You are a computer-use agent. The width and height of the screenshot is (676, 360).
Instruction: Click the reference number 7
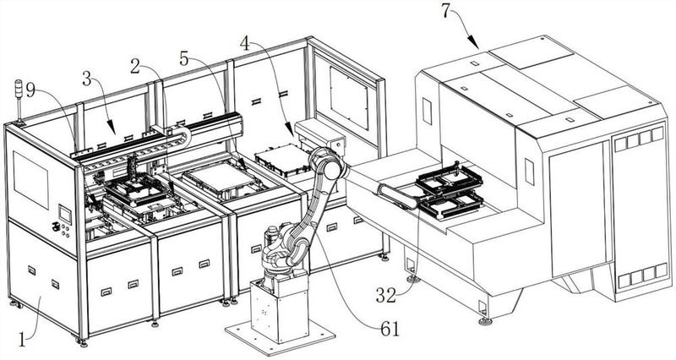point(447,10)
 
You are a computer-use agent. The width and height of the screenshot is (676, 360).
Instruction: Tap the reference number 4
point(245,43)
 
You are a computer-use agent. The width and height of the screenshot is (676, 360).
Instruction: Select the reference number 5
point(184,59)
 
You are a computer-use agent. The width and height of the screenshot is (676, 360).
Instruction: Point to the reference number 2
point(135,67)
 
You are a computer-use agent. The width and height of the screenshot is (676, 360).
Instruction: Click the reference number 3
point(87,79)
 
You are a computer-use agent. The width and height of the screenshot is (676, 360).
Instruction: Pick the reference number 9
point(30,90)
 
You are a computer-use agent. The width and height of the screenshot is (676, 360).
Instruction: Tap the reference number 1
point(22,340)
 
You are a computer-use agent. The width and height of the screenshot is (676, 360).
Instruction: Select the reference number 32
point(386,296)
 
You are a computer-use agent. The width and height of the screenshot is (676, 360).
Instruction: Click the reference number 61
point(390,330)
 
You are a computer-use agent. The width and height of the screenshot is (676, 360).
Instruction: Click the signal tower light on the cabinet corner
point(19,101)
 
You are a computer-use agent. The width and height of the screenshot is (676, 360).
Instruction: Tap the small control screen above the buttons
point(65,215)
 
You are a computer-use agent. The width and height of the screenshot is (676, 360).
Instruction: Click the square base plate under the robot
point(281,337)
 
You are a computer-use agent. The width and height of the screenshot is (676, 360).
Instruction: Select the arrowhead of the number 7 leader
point(476,46)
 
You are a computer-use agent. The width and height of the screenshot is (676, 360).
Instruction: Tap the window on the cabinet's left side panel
point(30,179)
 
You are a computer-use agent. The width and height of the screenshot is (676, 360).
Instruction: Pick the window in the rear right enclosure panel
point(349,97)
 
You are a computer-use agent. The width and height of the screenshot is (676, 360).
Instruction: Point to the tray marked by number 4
point(282,160)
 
